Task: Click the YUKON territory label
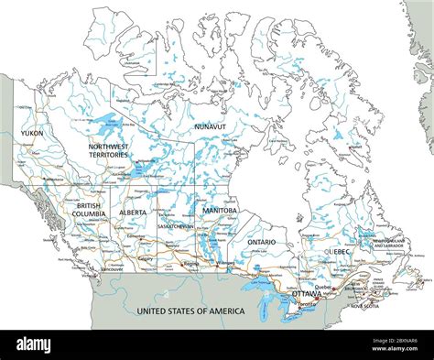30,133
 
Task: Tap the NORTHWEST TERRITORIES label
108,151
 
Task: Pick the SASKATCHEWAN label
174,225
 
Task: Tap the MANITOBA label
220,210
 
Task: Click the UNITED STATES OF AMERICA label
190,311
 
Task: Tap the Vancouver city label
112,270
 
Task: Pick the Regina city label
190,264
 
